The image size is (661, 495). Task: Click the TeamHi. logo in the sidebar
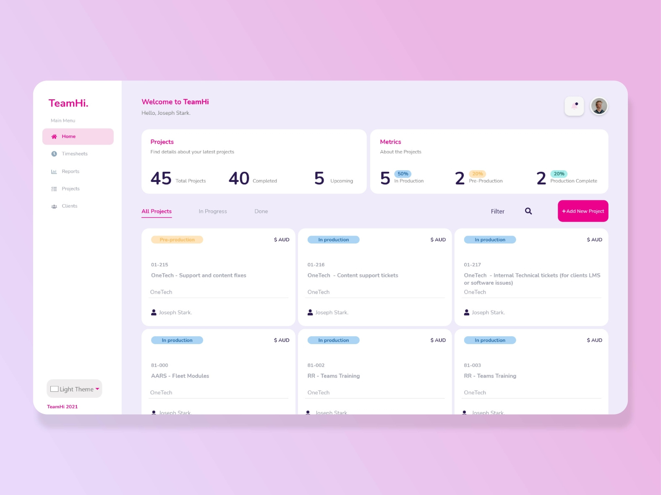tap(68, 103)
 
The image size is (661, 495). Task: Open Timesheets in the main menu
tap(74, 154)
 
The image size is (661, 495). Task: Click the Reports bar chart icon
tap(54, 171)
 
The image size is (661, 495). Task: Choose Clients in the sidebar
tap(69, 206)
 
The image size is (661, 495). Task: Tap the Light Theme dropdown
tap(74, 389)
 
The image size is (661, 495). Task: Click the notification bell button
tap(574, 106)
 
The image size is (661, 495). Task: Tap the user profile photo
tap(599, 106)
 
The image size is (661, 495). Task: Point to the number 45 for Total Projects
tap(161, 179)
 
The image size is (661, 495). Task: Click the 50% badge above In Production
tap(403, 174)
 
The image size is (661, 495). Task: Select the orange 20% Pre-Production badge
tap(477, 174)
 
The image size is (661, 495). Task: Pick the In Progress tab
tap(213, 211)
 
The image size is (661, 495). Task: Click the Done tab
tap(261, 211)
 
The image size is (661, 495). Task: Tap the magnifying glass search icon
tap(528, 211)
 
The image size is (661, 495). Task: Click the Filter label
tap(498, 212)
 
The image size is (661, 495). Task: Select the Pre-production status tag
tap(177, 240)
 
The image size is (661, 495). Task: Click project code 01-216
tap(316, 265)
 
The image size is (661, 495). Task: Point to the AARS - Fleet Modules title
tap(180, 376)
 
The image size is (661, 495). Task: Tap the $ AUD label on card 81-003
tap(594, 340)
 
